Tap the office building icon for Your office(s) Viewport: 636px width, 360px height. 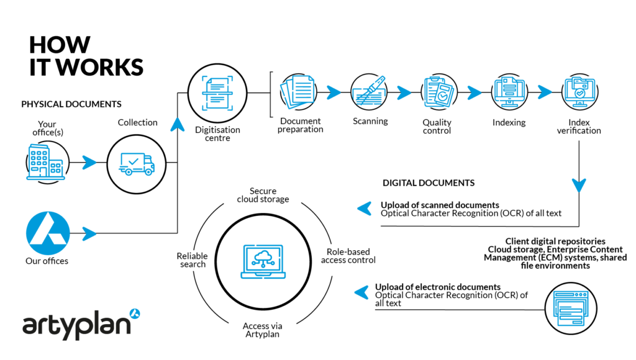point(45,163)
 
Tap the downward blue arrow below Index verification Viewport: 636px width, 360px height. point(579,185)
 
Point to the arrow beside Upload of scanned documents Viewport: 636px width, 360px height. point(365,209)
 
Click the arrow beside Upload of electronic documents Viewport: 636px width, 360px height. point(362,291)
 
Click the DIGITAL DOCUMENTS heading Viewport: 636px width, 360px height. point(428,183)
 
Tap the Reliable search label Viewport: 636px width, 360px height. point(192,260)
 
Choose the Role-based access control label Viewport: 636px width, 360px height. point(348,256)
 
